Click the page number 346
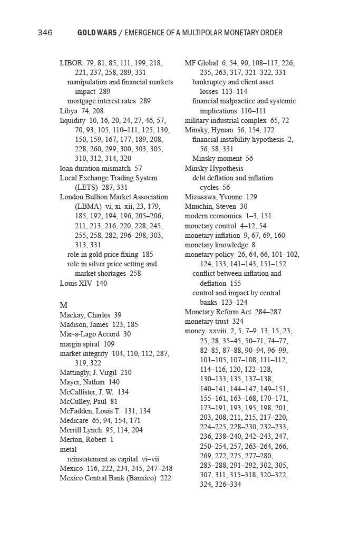click(45, 33)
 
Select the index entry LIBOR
click(71, 63)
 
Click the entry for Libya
click(69, 111)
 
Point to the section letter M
click(64, 305)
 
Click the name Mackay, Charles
click(85, 315)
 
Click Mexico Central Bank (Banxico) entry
click(109, 478)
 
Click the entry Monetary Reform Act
click(218, 312)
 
